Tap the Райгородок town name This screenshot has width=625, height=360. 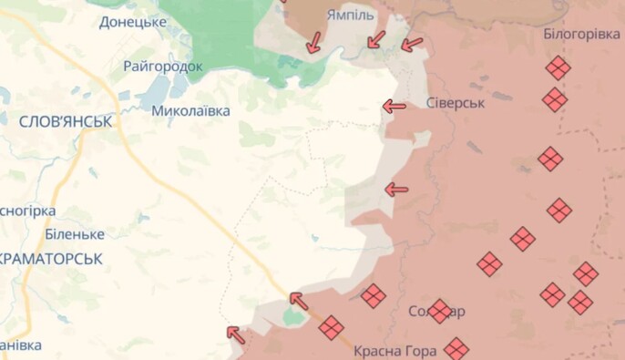pyautogui.click(x=163, y=67)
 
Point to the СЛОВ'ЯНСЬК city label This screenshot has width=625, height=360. pyautogui.click(x=65, y=120)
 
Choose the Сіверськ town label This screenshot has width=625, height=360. pyautogui.click(x=456, y=103)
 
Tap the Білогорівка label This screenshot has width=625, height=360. pyautogui.click(x=581, y=34)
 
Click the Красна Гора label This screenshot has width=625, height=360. pyautogui.click(x=396, y=350)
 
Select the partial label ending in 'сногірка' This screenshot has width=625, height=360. pyautogui.click(x=27, y=211)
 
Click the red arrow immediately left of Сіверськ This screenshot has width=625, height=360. pyautogui.click(x=394, y=107)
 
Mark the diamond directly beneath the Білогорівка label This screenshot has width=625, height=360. pyautogui.click(x=558, y=68)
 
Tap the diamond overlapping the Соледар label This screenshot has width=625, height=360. pyautogui.click(x=439, y=312)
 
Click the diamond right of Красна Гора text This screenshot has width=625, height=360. pyautogui.click(x=456, y=348)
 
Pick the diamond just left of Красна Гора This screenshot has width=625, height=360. pyautogui.click(x=331, y=327)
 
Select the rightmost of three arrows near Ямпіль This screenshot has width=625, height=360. pyautogui.click(x=412, y=43)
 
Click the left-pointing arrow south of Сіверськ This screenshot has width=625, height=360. pyautogui.click(x=396, y=190)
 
